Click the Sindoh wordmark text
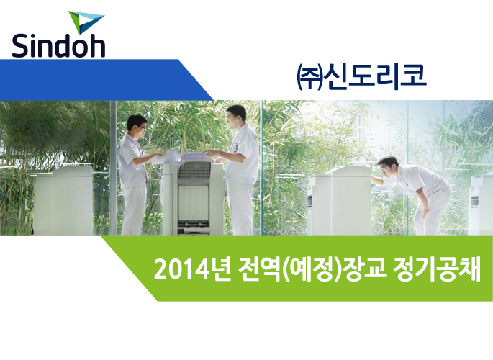(58, 45)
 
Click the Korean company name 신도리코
(376, 76)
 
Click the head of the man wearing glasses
(137, 125)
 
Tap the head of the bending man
(389, 166)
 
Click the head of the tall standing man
(237, 117)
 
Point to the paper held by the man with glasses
(166, 157)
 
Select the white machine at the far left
(63, 201)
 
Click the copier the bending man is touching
(339, 201)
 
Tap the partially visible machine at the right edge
(481, 204)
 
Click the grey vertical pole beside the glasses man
(114, 168)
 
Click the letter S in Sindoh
(20, 45)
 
